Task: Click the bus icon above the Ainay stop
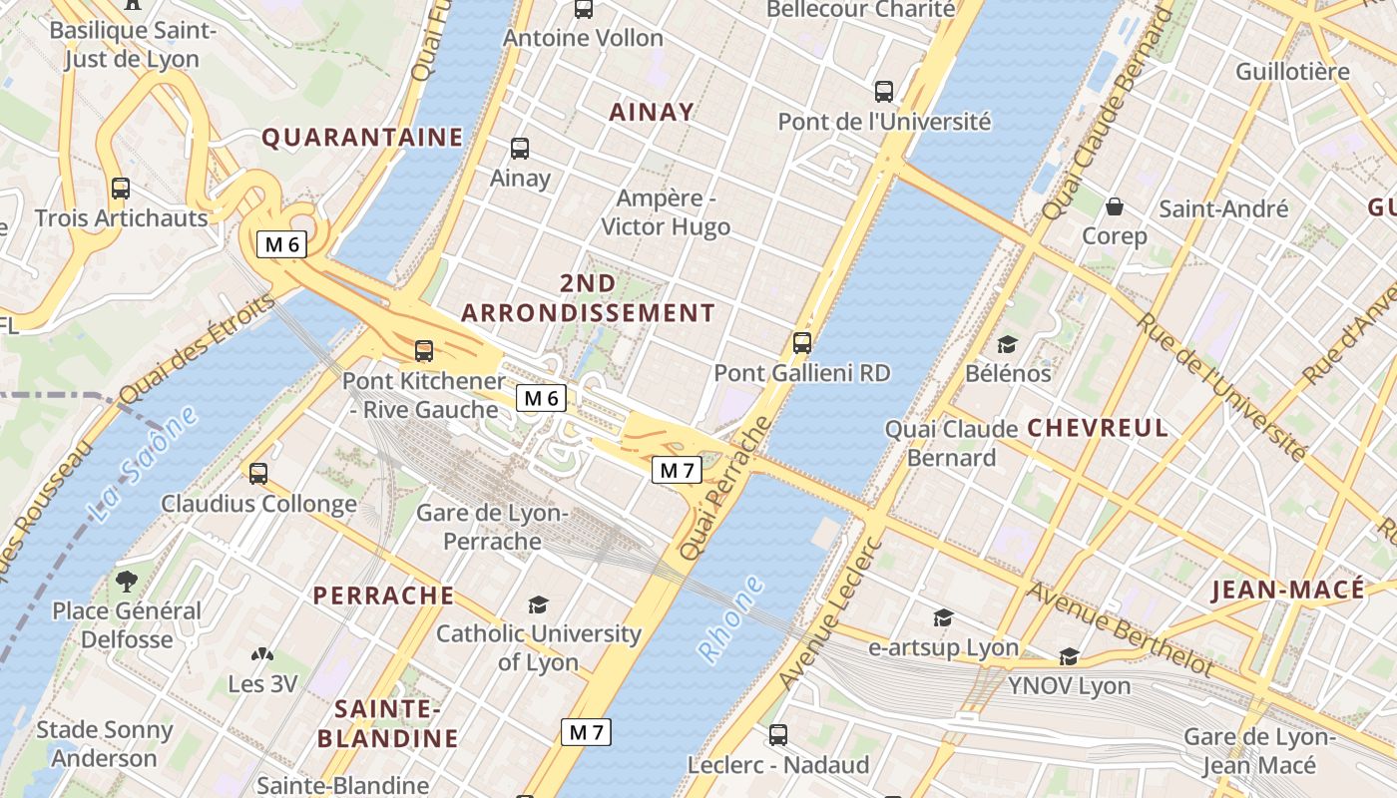click(x=519, y=149)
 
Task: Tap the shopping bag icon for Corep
click(x=1114, y=207)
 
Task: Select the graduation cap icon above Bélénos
click(x=1008, y=344)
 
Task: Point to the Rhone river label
click(x=730, y=619)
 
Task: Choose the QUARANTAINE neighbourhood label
click(x=362, y=138)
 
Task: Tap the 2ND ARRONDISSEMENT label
click(x=588, y=298)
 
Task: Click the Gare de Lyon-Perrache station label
click(x=492, y=527)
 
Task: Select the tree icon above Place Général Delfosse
click(x=127, y=581)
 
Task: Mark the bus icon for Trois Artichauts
click(x=121, y=188)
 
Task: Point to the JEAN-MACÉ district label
click(x=1287, y=590)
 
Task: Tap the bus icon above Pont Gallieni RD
click(x=802, y=343)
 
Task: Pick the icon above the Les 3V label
click(x=261, y=655)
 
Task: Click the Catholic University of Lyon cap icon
click(x=539, y=604)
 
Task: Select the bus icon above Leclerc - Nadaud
click(x=778, y=735)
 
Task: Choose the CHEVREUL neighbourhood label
click(x=1097, y=428)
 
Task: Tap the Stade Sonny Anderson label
click(x=104, y=743)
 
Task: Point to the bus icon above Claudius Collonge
click(x=258, y=474)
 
